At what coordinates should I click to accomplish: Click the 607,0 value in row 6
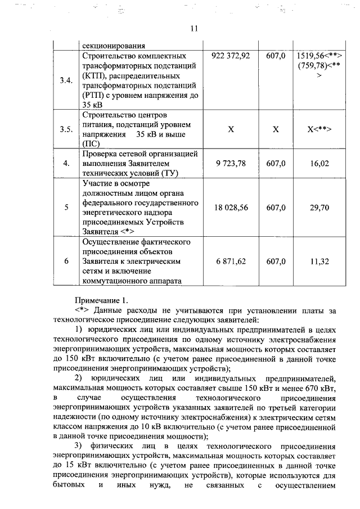tap(276, 262)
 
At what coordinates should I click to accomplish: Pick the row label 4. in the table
tap(66, 163)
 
